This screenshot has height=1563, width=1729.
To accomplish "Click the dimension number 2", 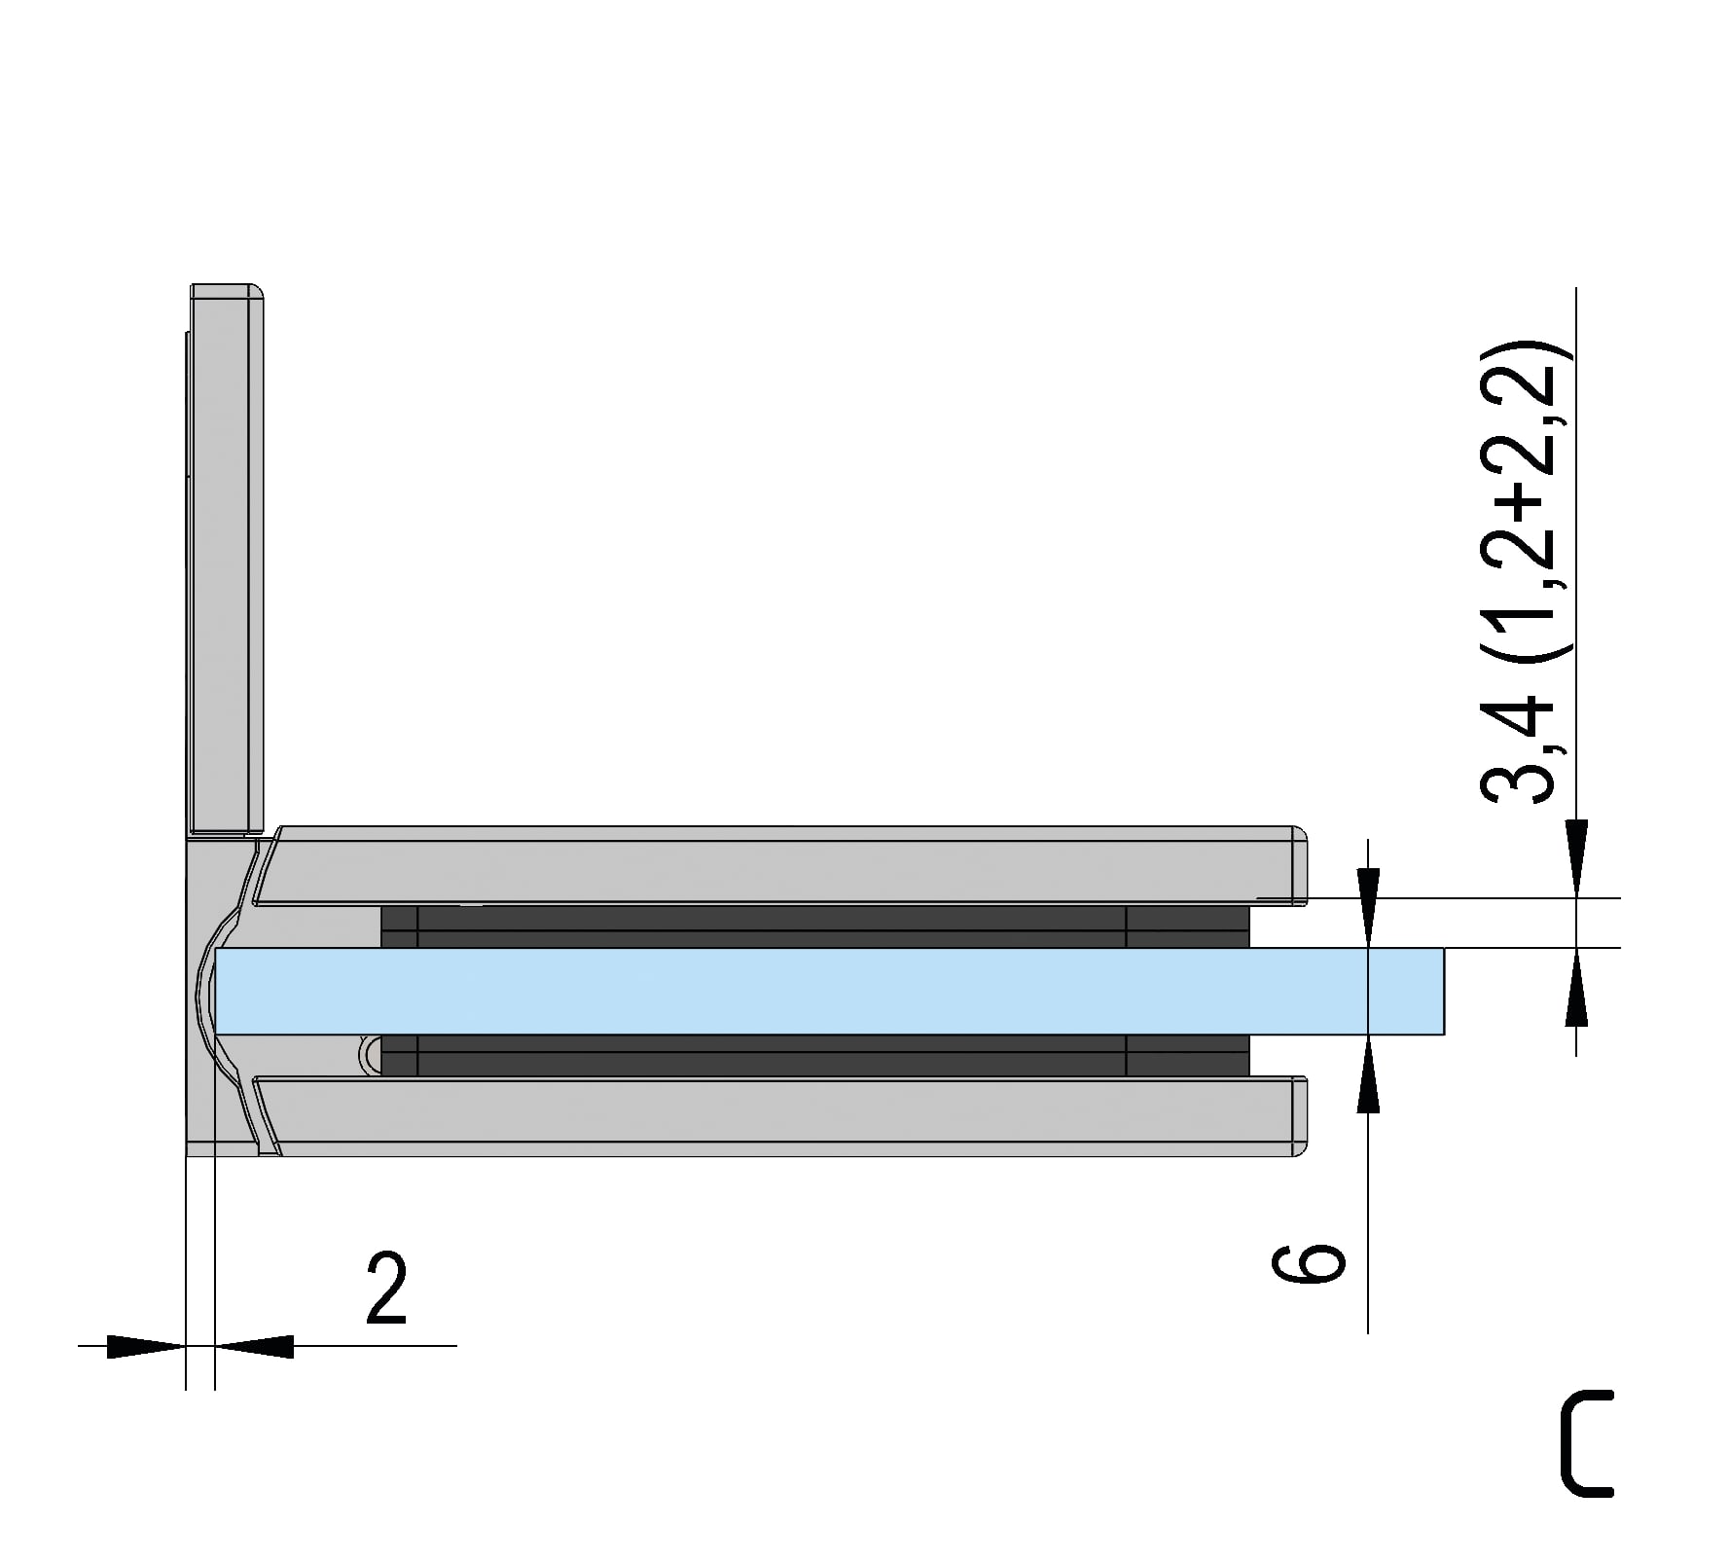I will pos(386,1289).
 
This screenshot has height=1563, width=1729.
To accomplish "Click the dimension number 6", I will pos(1309,1262).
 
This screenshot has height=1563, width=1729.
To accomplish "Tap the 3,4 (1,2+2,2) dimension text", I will pos(1525,571).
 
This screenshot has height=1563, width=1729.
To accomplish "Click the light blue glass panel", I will pos(827,991).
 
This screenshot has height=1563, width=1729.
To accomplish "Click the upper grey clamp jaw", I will pos(778,865).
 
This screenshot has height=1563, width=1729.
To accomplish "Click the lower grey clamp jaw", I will pos(778,1115).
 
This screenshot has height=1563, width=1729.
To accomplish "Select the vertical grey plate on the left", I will pos(227,560).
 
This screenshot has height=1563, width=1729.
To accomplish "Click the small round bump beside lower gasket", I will pos(371,1054).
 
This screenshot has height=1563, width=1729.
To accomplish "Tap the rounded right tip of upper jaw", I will pos(1299,865).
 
